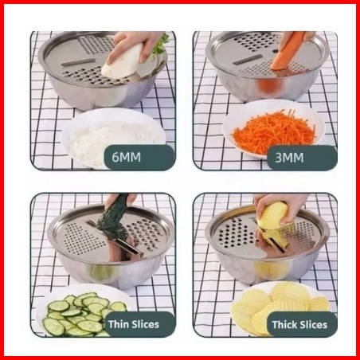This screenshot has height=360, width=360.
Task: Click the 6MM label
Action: click(126, 157)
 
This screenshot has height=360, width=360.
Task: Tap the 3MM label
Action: click(289, 158)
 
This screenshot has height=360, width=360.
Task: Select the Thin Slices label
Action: click(134, 324)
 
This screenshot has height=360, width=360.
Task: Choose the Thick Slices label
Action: click(299, 325)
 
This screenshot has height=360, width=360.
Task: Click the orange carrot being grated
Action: click(288, 52)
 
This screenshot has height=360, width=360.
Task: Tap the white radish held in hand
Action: click(122, 62)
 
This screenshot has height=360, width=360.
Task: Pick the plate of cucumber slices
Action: click(80, 312)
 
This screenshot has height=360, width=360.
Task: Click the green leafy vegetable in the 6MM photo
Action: click(161, 46)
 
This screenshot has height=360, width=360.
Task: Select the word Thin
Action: click(119, 324)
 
